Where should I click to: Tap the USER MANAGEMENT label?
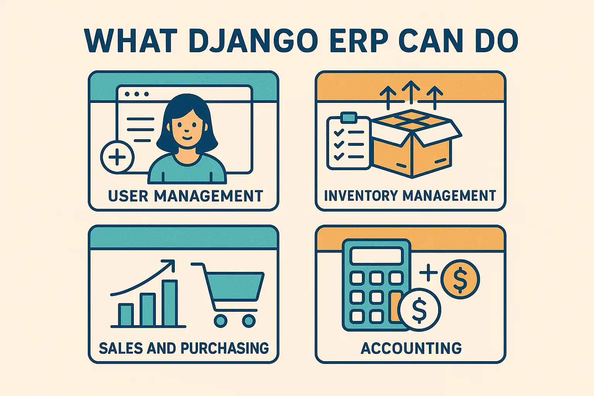point(186,196)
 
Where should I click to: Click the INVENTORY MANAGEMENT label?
point(410,195)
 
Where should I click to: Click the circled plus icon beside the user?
point(117,157)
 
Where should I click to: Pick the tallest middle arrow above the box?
point(411,92)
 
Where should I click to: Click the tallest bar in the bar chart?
point(170,303)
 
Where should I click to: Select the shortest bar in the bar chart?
point(126,315)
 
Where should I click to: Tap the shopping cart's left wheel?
point(221,321)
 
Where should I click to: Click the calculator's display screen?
point(376,255)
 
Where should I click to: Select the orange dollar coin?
point(460,279)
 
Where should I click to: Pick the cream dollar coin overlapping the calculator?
point(419,310)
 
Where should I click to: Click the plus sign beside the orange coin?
point(428,272)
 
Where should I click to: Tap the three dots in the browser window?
point(137,94)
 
